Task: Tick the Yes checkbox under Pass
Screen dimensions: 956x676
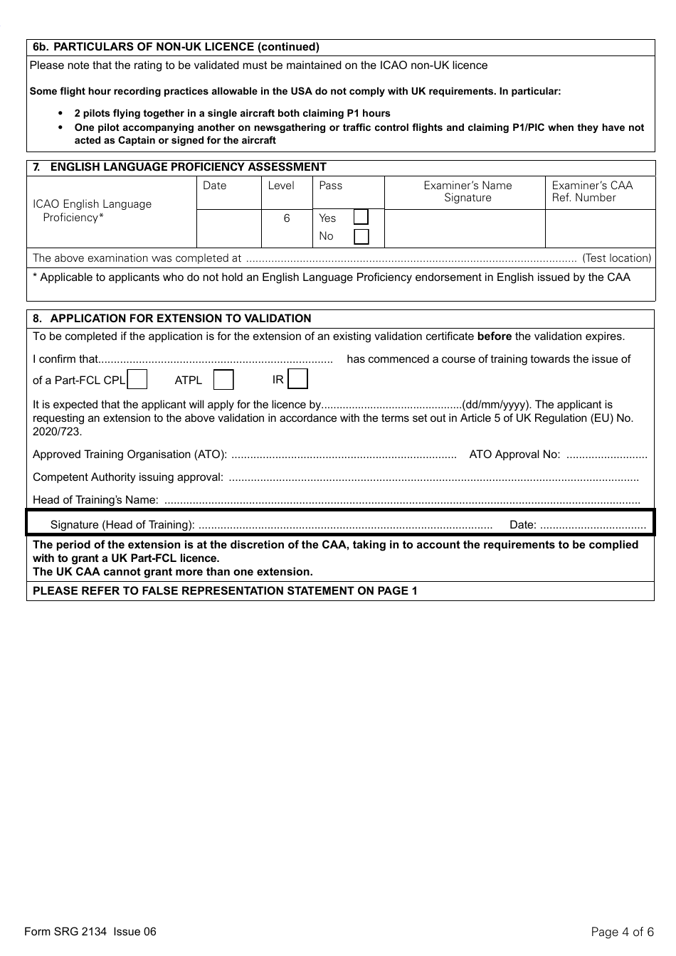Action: pos(361,218)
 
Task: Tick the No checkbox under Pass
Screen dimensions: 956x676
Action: pos(361,236)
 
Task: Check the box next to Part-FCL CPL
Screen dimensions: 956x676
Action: pos(137,380)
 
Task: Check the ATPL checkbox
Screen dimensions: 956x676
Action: pos(223,380)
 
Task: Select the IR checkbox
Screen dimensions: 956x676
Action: pos(298,379)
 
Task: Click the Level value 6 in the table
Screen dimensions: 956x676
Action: pos(287,218)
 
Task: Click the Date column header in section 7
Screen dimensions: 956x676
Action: pos(214,186)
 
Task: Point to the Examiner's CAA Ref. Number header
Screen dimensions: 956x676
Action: pos(592,191)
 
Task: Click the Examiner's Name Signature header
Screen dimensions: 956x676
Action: pos(468,191)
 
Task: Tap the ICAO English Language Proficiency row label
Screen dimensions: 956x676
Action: pos(93,211)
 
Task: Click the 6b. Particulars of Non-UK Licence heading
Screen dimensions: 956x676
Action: pos(176,47)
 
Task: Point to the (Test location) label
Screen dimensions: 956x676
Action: pos(616,258)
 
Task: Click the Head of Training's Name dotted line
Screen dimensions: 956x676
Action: pos(402,500)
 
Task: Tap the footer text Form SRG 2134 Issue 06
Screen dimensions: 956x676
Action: pos(90,932)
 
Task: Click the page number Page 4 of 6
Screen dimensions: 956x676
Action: pos(622,932)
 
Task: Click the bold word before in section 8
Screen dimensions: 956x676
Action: pos(494,336)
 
